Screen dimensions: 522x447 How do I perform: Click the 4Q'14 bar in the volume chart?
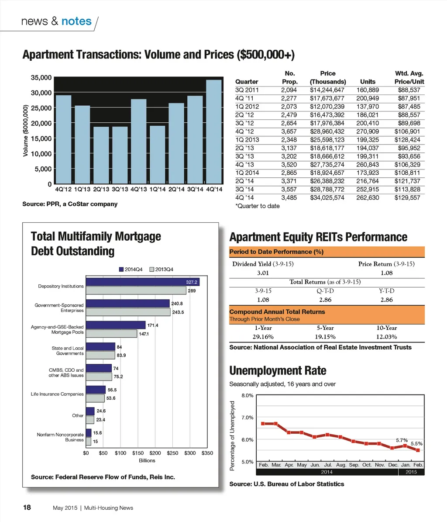point(214,131)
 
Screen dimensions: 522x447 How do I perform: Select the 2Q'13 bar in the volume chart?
point(101,155)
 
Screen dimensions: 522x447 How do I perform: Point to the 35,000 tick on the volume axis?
point(41,78)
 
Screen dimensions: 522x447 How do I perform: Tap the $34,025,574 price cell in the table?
point(327,197)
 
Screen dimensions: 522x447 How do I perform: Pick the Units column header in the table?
point(368,82)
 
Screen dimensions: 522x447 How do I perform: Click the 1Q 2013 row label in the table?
point(247,140)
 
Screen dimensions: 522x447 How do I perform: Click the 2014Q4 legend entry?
point(131,270)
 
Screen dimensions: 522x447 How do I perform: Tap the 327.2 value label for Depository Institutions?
point(192,282)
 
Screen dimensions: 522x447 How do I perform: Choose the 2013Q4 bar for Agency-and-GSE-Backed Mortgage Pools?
point(111,334)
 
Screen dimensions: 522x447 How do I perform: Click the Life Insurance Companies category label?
point(57,394)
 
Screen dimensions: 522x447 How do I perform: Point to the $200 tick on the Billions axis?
point(155,453)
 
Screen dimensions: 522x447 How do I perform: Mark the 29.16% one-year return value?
point(263,337)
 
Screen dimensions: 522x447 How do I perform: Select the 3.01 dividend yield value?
point(263,273)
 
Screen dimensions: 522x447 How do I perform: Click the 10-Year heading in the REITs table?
point(386,328)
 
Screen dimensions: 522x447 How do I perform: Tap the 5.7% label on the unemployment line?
point(402,440)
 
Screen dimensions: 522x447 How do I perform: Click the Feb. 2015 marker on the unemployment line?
point(418,450)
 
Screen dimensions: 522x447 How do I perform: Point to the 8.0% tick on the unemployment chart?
point(247,396)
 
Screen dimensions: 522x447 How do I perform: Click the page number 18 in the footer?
point(27,508)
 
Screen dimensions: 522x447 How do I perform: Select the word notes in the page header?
point(76,21)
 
